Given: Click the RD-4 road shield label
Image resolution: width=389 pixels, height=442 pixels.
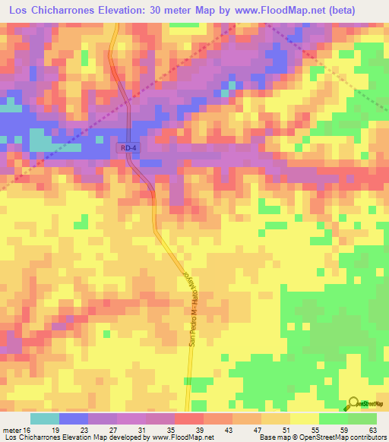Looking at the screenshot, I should coord(129,150).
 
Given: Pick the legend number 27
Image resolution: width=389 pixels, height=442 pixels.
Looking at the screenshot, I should coord(101,431).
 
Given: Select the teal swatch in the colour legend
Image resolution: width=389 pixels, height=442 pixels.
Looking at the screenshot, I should coord(45,418).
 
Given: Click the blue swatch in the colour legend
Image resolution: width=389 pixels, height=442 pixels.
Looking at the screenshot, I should coord(74,418).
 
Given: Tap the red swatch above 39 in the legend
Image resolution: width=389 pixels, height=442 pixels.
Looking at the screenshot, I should coord(189,418).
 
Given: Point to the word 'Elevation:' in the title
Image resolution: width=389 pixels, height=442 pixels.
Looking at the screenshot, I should coord(133,10).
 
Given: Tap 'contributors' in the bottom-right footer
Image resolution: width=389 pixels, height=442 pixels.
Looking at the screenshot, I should coord(367,437).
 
